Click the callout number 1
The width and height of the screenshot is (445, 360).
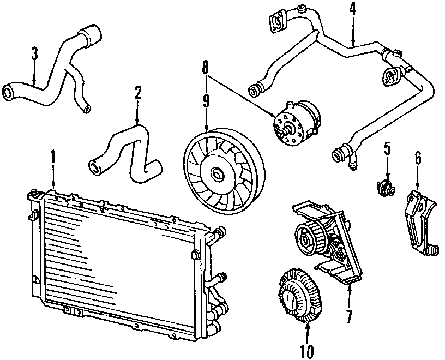pos(53,157)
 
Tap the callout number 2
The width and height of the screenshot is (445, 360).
pos(138,92)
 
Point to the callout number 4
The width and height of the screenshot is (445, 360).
pos(353,10)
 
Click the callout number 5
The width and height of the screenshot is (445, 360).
pos(387,148)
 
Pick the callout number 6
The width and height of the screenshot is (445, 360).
pos(418,158)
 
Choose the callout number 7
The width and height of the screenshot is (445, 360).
pos(348,315)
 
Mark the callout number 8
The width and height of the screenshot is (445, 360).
pos(206,68)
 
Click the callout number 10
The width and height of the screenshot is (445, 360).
pos(307,349)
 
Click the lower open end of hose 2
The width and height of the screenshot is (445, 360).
pos(94,166)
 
